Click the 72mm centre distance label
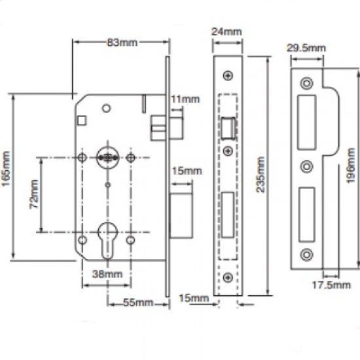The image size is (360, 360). click(x=33, y=194)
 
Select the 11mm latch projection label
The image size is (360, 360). click(x=185, y=99)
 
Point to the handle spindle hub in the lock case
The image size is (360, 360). click(x=107, y=157)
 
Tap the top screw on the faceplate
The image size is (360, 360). click(x=228, y=76)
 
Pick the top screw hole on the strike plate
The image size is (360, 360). click(x=306, y=83)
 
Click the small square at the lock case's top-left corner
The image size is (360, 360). click(x=81, y=121)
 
